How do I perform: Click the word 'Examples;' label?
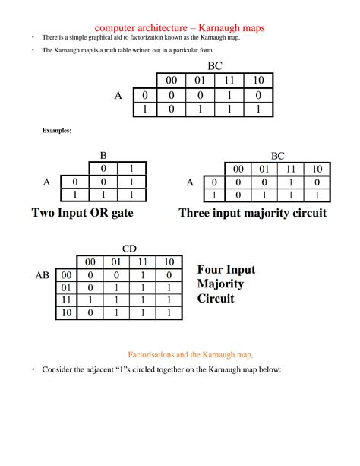click(56, 131)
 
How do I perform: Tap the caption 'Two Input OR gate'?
click(83, 214)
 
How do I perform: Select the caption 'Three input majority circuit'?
click(252, 214)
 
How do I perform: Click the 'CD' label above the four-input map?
click(131, 248)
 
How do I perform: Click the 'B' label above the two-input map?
click(103, 154)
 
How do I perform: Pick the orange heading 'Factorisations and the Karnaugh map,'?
click(190, 353)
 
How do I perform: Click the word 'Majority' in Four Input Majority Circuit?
click(220, 284)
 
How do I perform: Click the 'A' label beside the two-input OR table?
click(47, 182)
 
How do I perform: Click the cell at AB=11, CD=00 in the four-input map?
click(91, 300)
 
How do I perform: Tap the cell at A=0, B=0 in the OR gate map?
click(103, 182)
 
